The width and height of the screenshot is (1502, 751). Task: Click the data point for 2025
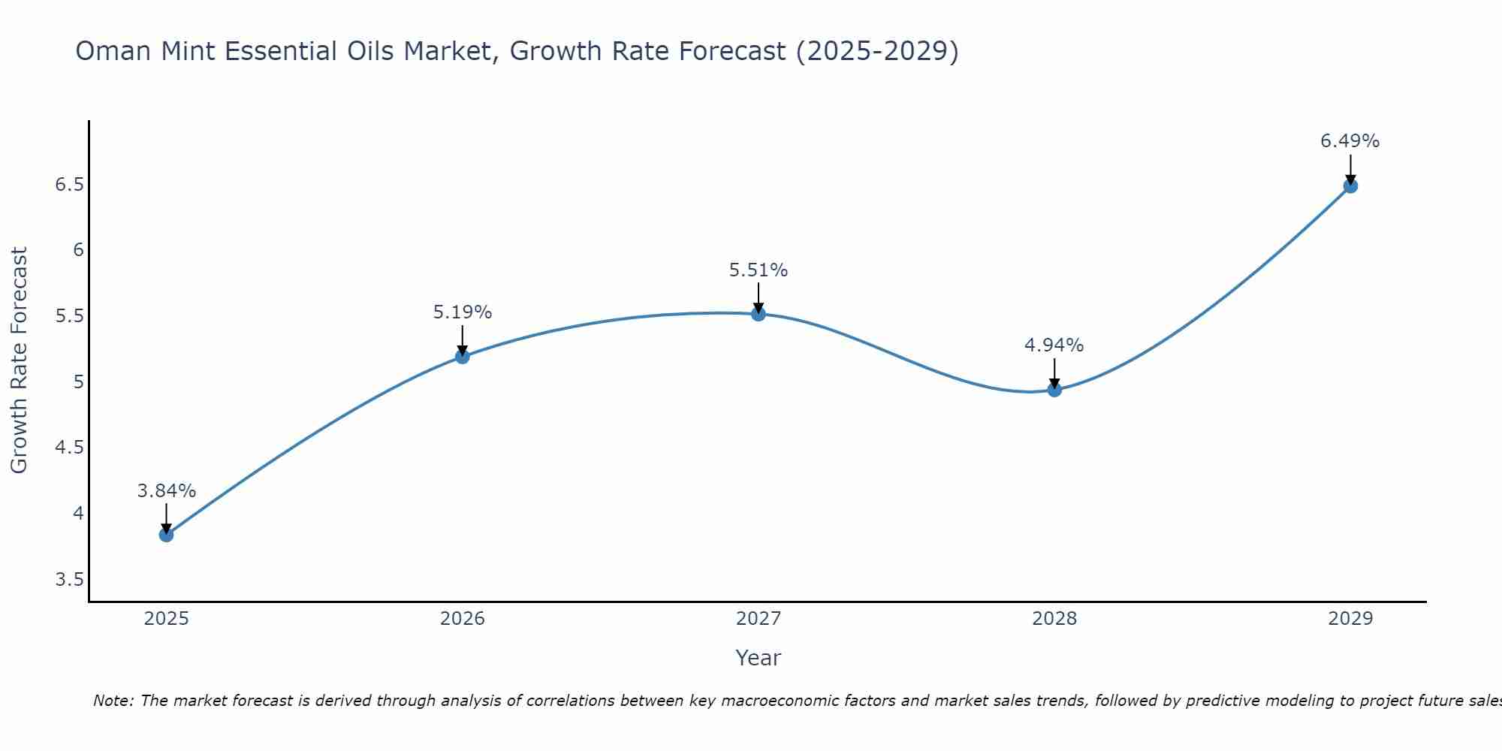point(166,535)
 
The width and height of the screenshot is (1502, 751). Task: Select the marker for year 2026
point(463,357)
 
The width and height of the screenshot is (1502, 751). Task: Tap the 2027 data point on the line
point(759,314)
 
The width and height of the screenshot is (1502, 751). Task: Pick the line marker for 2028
point(1054,390)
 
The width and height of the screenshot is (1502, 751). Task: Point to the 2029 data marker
point(1350,186)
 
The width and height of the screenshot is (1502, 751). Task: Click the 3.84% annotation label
point(166,491)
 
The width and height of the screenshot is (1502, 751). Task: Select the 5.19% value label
point(463,312)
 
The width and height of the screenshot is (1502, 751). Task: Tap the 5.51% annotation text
point(759,270)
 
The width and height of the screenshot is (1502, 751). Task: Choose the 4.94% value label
point(1054,345)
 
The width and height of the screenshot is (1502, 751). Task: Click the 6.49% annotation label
point(1350,141)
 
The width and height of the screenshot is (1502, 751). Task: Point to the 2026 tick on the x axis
point(463,619)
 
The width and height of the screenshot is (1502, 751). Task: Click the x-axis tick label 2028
point(1054,619)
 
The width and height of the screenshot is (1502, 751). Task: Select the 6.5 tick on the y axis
point(69,185)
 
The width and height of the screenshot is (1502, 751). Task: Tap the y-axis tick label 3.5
point(69,580)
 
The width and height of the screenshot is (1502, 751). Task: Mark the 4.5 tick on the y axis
point(69,448)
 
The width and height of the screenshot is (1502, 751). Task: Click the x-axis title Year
point(759,658)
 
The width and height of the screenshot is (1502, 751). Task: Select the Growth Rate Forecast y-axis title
point(19,360)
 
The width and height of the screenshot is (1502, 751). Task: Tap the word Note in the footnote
point(113,701)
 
